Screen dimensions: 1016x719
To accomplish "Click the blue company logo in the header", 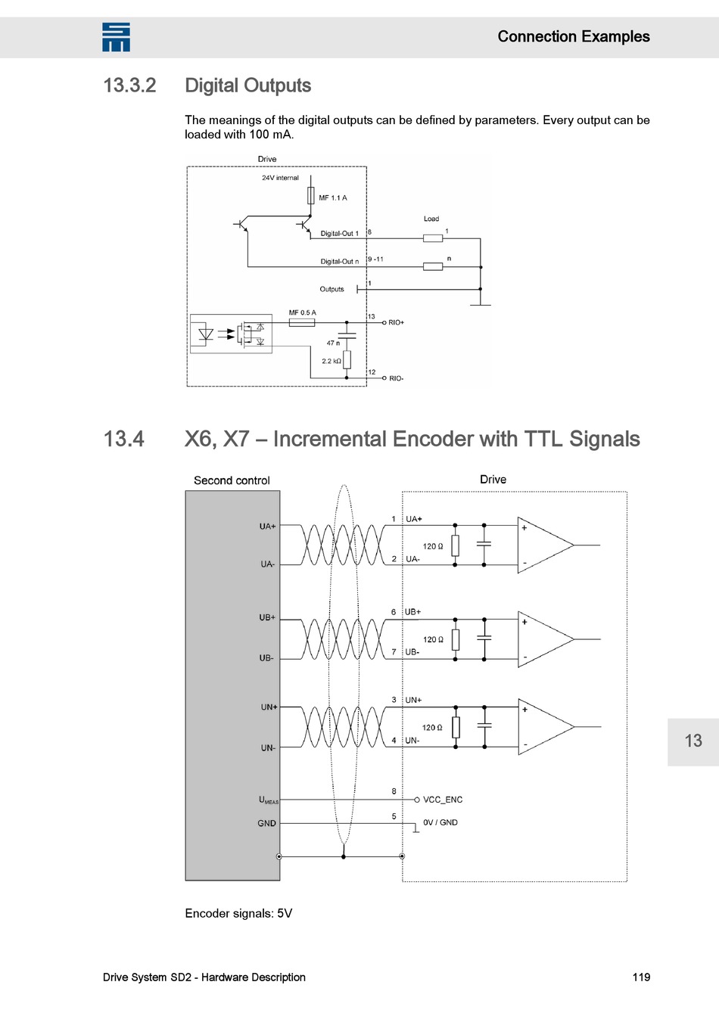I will [116, 37].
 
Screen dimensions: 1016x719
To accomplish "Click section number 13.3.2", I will [129, 85].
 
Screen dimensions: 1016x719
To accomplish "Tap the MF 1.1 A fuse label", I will [332, 198].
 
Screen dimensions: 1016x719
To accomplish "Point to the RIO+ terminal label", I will [397, 323].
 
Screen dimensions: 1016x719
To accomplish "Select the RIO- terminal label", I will [397, 378].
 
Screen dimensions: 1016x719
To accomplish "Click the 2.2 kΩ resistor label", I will [331, 362].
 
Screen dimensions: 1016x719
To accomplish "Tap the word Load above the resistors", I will [431, 219].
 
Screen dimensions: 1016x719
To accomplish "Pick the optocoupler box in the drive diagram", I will [231, 334].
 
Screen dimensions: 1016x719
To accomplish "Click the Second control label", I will [232, 480].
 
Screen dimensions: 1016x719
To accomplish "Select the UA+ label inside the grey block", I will [267, 527].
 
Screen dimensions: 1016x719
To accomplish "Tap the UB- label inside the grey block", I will [266, 658].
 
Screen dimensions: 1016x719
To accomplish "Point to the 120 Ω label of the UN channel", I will [432, 728].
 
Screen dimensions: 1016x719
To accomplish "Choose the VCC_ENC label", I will [443, 800].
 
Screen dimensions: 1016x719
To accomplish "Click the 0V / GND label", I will [440, 823].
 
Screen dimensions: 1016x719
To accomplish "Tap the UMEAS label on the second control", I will [268, 800].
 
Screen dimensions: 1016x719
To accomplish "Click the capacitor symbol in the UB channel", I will [484, 638].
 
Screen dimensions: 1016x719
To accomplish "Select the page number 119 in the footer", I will [641, 977].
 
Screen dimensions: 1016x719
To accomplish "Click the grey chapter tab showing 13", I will [693, 741].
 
